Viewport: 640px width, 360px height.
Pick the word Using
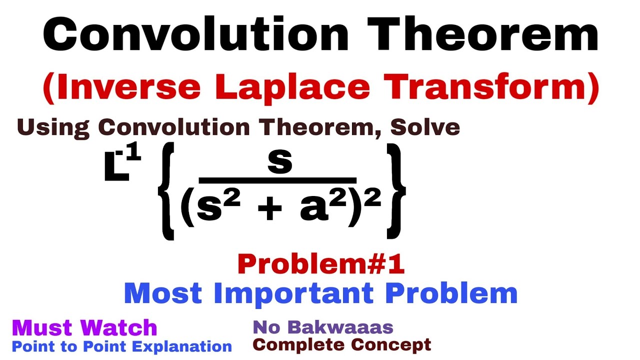(53, 128)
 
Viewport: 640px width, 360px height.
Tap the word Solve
(425, 127)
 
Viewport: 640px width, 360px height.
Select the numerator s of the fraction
(279, 162)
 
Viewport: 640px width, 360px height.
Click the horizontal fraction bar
(277, 180)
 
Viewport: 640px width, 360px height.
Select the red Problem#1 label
(320, 264)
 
